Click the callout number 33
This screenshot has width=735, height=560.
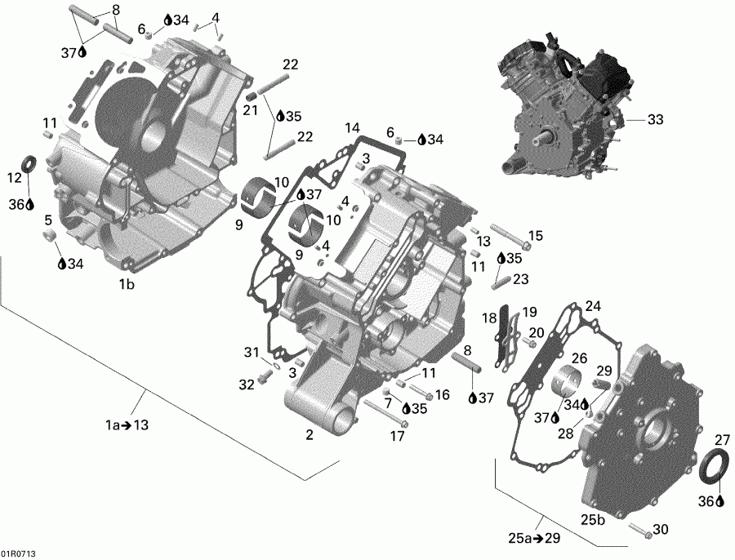655,119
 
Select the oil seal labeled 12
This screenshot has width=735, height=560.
30,162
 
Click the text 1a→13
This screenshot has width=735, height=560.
127,425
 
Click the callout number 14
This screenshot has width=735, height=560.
352,128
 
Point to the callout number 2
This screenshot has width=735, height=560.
310,435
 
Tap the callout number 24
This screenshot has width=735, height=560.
593,306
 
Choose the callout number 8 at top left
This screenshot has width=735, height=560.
114,10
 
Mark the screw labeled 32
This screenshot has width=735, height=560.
264,377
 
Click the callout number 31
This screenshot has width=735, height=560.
252,352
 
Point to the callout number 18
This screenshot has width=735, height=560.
489,318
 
